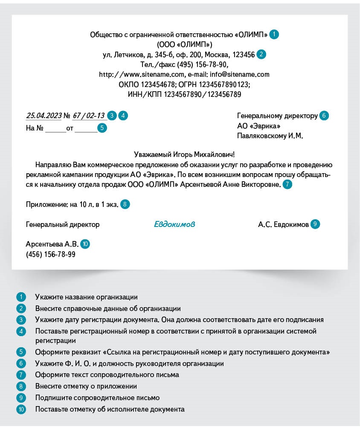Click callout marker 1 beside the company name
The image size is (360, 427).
click(274, 35)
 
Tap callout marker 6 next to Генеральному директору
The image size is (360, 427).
click(324, 116)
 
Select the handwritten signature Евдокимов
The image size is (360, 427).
click(174, 224)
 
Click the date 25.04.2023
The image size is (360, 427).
click(44, 116)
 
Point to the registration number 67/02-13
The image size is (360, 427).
click(88, 116)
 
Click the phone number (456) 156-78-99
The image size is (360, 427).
click(51, 254)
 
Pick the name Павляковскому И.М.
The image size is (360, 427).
click(270, 136)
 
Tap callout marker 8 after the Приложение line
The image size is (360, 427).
click(125, 204)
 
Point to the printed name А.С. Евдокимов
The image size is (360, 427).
click(283, 224)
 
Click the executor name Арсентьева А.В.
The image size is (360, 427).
click(52, 244)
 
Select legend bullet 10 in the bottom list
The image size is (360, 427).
click(21, 409)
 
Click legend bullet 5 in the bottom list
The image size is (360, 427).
click(21, 352)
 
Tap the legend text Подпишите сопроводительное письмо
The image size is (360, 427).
click(97, 398)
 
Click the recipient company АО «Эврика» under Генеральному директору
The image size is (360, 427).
click(258, 126)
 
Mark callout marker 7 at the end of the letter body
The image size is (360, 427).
click(287, 185)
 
